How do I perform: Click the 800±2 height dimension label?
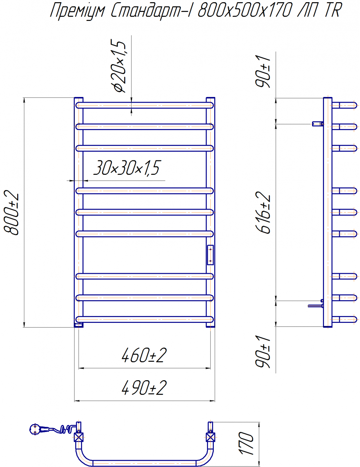click(x=12, y=212)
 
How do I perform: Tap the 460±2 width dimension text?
click(x=144, y=356)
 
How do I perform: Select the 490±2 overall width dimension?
click(x=144, y=388)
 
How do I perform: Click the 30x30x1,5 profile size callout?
click(x=127, y=168)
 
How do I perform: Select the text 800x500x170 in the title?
click(x=245, y=10)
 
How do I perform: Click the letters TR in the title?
click(x=333, y=10)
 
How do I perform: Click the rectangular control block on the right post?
click(x=210, y=255)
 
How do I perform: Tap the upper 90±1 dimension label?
click(x=263, y=71)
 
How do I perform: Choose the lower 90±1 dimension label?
click(x=263, y=352)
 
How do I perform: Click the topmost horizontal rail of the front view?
click(x=144, y=105)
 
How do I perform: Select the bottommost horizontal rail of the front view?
click(x=144, y=319)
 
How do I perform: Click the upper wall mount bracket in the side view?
click(x=318, y=124)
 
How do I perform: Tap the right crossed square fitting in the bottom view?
click(x=210, y=437)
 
